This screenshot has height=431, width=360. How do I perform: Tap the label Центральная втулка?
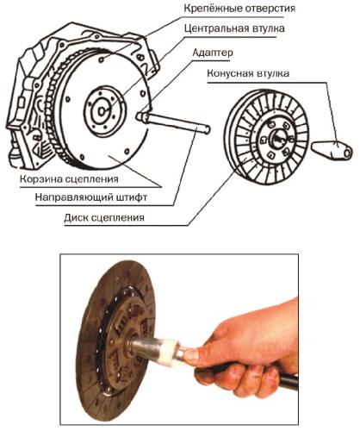tap(234, 29)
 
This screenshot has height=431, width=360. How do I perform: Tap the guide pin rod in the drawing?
tap(177, 122)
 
